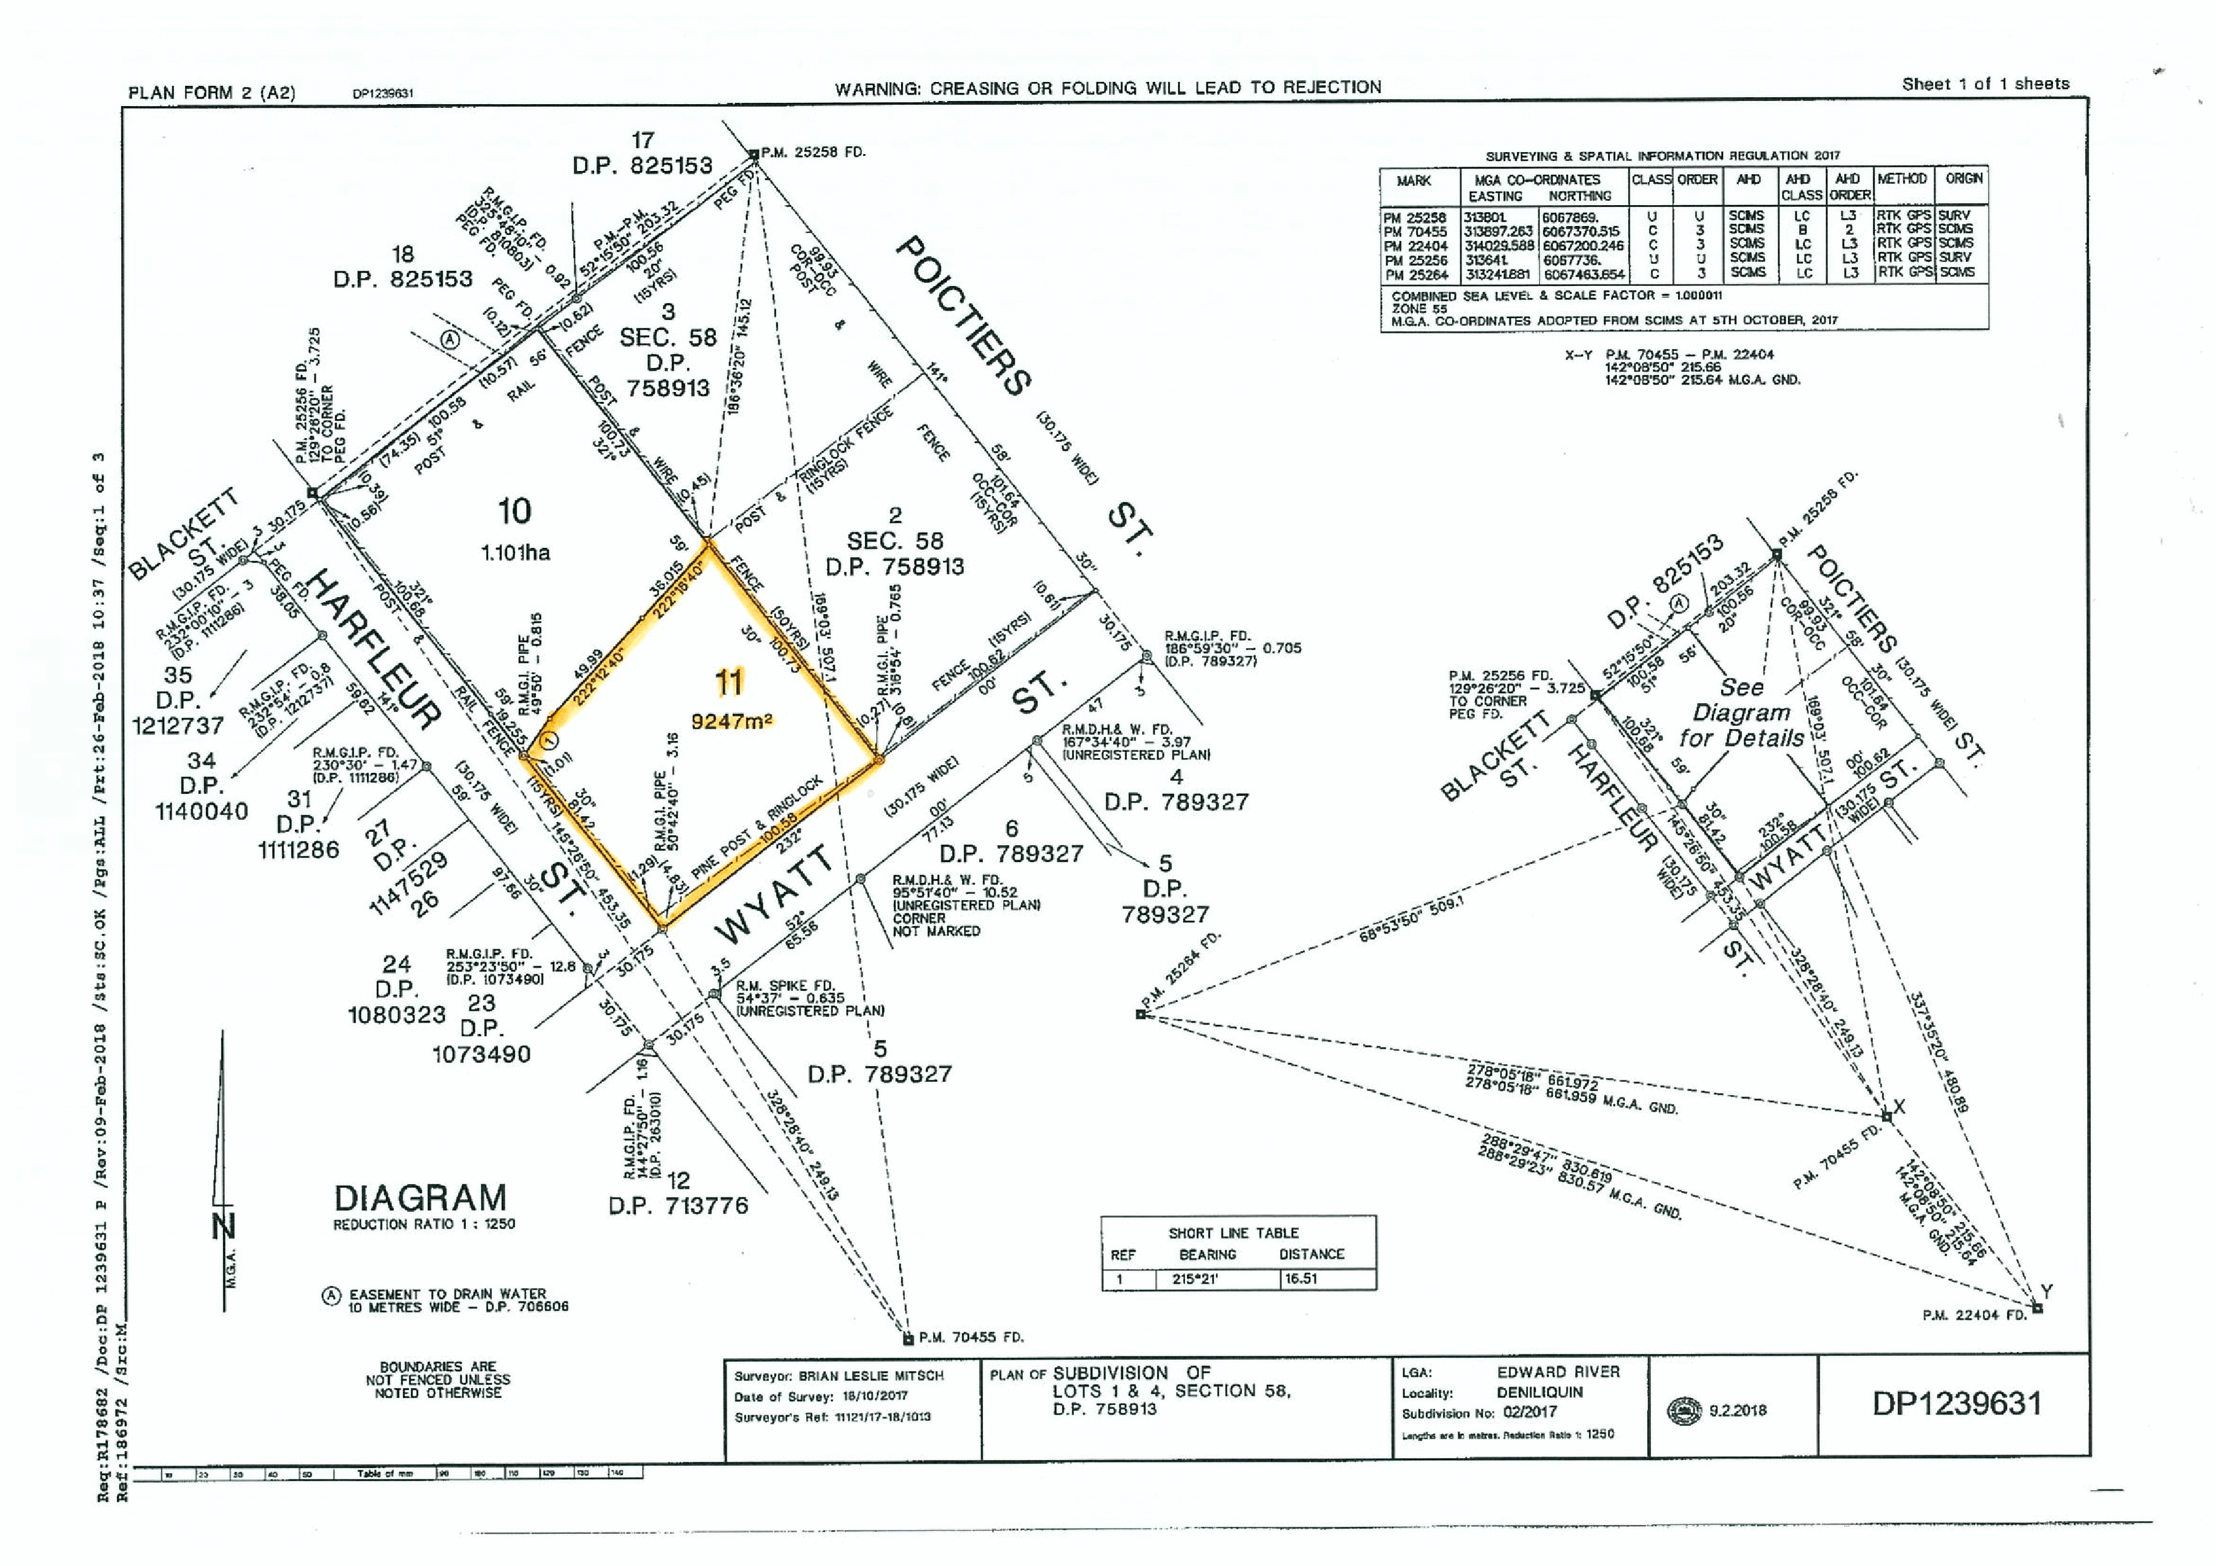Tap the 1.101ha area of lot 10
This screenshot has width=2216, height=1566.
click(x=515, y=553)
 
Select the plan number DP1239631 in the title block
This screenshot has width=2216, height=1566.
click(x=1957, y=1404)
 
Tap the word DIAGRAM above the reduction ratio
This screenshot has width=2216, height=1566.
click(x=420, y=1199)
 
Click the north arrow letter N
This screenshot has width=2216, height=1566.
click(x=224, y=1226)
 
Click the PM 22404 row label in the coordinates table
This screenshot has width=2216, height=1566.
click(x=1415, y=247)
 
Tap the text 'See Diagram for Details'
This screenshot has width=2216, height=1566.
click(x=1741, y=713)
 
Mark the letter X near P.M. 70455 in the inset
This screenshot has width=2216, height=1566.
click(x=1900, y=1106)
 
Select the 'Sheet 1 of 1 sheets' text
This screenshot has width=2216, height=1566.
click(x=1986, y=84)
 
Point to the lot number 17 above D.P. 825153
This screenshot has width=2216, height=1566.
click(x=643, y=141)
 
